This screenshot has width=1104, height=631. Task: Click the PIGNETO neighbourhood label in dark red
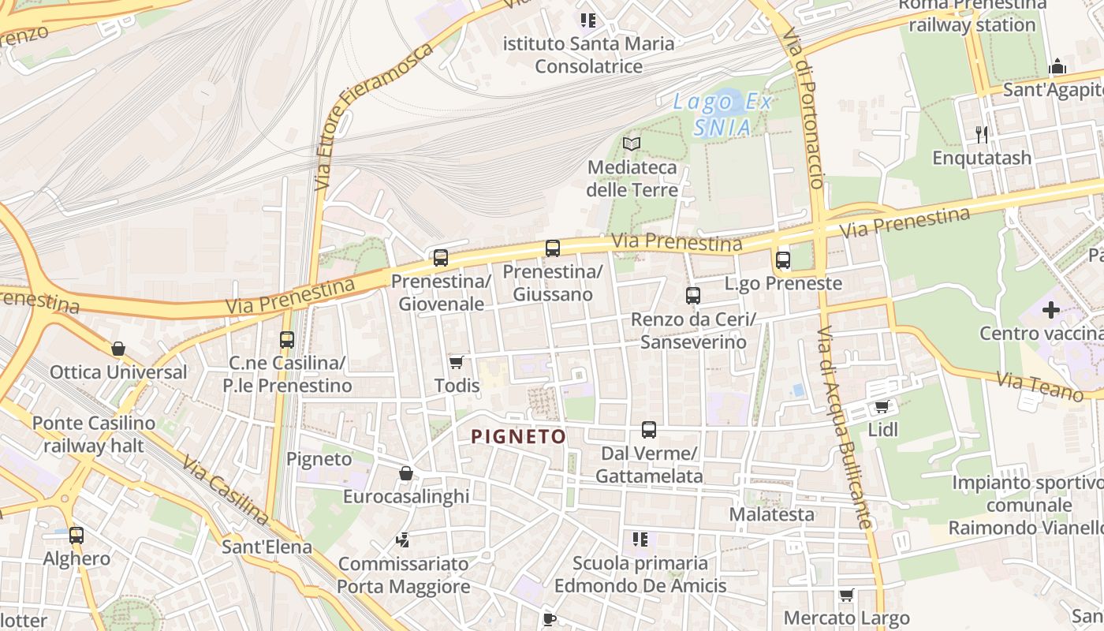pyautogui.click(x=518, y=436)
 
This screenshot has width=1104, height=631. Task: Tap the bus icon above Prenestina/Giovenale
pyautogui.click(x=441, y=258)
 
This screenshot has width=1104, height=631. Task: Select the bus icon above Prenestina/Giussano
pyautogui.click(x=553, y=248)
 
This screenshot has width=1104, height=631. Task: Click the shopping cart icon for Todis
pyautogui.click(x=456, y=362)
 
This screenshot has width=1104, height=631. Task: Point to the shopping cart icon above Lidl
pyautogui.click(x=882, y=407)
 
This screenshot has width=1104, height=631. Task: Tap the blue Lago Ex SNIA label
pyautogui.click(x=722, y=114)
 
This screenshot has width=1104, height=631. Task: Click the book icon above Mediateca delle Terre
pyautogui.click(x=632, y=144)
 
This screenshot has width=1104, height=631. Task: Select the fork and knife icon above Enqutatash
pyautogui.click(x=982, y=134)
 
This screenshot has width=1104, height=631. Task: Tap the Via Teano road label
pyautogui.click(x=1039, y=386)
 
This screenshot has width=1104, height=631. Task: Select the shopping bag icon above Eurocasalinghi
pyautogui.click(x=406, y=473)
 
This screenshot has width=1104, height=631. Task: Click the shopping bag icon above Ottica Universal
pyautogui.click(x=118, y=349)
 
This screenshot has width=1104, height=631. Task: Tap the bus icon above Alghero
pyautogui.click(x=76, y=536)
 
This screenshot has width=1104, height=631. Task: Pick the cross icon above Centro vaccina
pyautogui.click(x=1051, y=310)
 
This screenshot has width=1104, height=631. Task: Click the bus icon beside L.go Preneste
pyautogui.click(x=783, y=259)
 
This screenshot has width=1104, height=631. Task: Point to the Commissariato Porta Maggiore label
pyautogui.click(x=404, y=575)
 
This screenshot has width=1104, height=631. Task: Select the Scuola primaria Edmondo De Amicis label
pyautogui.click(x=640, y=574)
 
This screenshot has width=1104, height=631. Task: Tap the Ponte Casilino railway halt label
pyautogui.click(x=94, y=434)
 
